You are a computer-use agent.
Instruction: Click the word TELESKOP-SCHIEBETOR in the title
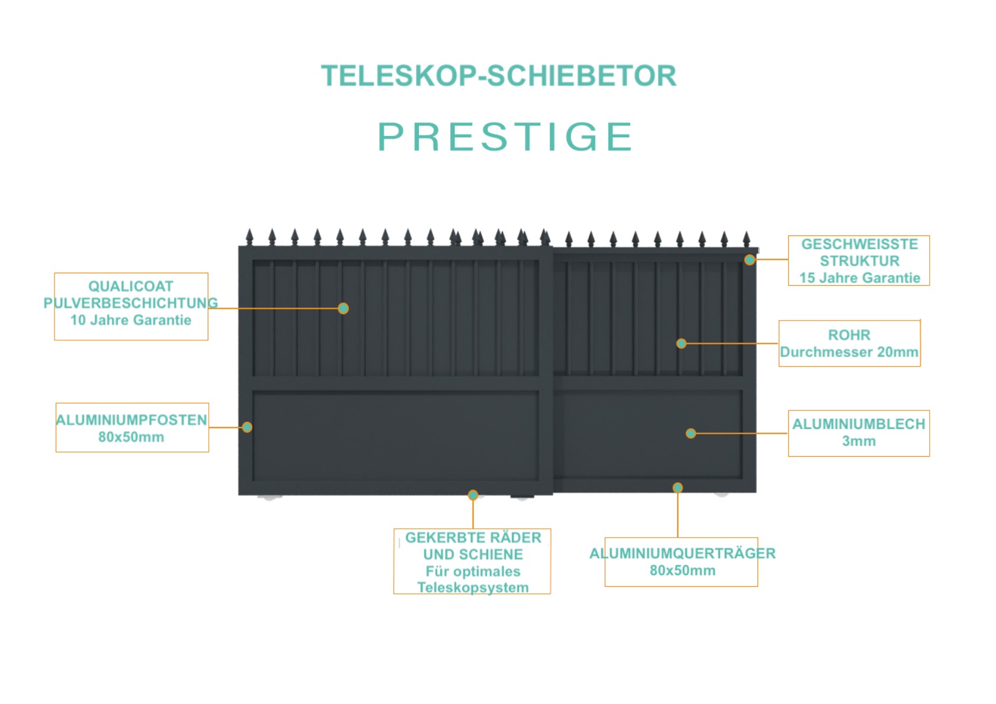tap(498, 76)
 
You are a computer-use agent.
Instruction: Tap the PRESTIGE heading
tap(505, 137)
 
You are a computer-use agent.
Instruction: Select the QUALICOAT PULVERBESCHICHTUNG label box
tap(131, 306)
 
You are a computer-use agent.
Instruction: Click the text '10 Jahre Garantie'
tap(131, 320)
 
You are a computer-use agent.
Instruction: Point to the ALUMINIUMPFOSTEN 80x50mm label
tap(131, 428)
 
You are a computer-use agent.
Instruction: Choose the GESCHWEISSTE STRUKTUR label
tap(859, 260)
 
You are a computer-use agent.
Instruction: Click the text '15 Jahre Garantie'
tap(860, 278)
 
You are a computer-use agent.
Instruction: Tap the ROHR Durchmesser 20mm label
tap(849, 343)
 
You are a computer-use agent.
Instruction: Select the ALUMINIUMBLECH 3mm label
tap(859, 433)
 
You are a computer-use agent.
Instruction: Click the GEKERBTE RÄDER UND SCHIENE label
tap(473, 562)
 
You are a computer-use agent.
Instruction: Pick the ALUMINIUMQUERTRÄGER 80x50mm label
tap(682, 562)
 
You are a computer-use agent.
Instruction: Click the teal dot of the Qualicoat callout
tap(343, 308)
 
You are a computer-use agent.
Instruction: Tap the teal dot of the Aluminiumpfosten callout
tap(247, 427)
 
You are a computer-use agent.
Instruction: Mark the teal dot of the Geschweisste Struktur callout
tap(750, 260)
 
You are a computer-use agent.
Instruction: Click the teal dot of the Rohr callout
tap(681, 343)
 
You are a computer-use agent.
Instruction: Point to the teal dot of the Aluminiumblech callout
tap(691, 433)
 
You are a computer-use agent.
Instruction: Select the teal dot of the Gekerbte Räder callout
tap(473, 495)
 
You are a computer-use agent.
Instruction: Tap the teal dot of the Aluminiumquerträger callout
tap(677, 488)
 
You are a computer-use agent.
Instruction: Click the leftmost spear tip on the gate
tap(250, 230)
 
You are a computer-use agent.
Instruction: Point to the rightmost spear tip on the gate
tap(746, 231)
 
